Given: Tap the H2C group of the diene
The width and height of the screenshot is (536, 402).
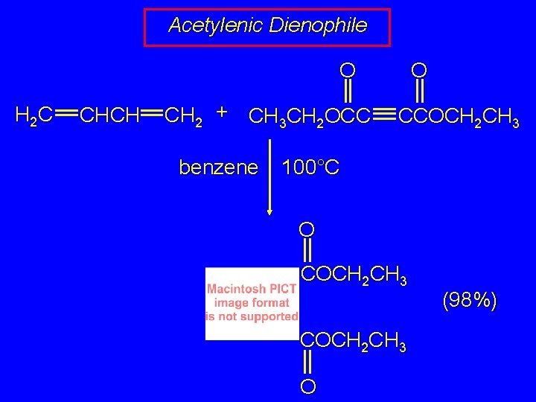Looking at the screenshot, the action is (x=33, y=115).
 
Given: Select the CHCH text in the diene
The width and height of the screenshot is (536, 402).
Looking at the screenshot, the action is (x=109, y=115).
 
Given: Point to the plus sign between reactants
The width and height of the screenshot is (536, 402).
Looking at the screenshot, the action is (x=220, y=112).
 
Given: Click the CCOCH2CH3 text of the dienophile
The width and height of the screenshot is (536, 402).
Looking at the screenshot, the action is (x=459, y=117).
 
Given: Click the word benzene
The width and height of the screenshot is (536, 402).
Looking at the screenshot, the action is (x=217, y=167).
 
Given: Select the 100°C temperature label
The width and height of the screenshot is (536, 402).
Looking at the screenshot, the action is (x=310, y=167).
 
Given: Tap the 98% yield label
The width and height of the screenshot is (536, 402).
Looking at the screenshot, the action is (x=469, y=301).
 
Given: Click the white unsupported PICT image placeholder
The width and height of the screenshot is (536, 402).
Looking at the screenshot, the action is (x=252, y=303).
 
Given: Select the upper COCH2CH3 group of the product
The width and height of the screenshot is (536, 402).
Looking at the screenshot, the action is (x=354, y=276).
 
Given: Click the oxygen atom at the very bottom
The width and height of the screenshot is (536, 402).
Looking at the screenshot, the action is (x=308, y=386).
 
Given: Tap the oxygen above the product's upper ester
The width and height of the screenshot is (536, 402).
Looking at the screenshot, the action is (x=307, y=227).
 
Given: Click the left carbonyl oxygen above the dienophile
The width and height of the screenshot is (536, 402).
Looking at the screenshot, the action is (x=347, y=71).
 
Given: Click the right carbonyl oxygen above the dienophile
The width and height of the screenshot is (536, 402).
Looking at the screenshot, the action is (x=419, y=71).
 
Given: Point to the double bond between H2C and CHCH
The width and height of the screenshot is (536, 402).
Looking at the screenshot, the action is (x=66, y=115).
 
